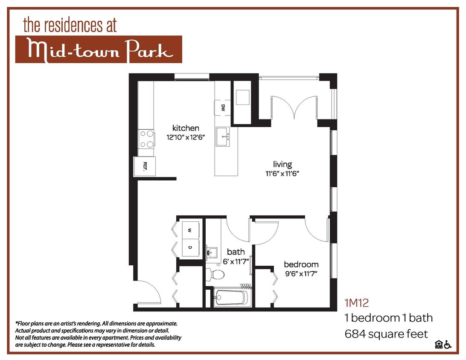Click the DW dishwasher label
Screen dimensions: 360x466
click(223, 108)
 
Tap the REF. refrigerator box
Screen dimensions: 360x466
click(145, 166)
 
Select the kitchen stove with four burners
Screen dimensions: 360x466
click(146, 139)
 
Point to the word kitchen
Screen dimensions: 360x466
click(186, 128)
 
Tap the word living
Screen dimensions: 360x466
click(283, 164)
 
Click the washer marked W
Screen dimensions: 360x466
click(190, 230)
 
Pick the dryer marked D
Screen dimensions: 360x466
click(190, 247)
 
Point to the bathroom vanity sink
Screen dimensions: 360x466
click(212, 253)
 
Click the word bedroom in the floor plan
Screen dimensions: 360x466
click(301, 264)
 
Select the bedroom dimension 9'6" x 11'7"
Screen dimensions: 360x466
click(301, 274)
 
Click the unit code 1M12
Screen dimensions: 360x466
click(356, 303)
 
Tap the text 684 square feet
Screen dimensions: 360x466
click(386, 334)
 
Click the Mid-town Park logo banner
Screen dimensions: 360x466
click(99, 49)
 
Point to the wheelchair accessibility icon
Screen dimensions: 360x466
click(448, 345)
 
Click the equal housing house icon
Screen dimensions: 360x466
click(439, 345)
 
